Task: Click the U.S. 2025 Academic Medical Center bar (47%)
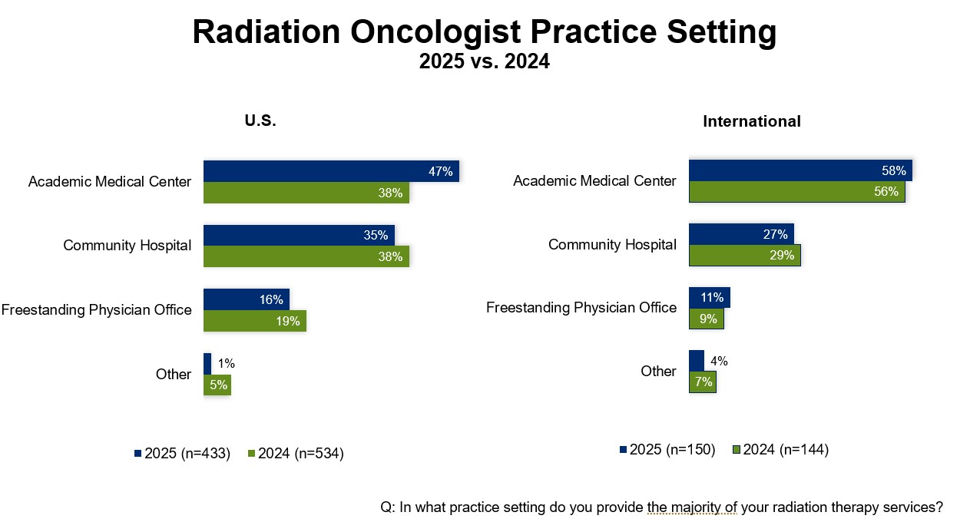pos(330,171)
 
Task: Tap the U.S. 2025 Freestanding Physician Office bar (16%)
pos(246,299)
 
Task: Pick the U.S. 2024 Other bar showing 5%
pos(217,385)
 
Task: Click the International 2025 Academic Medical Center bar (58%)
pos(800,170)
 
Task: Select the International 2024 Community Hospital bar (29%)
pos(744,255)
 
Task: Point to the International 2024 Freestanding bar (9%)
pos(706,318)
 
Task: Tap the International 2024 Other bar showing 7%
pos(702,382)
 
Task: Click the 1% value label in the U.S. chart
pos(227,363)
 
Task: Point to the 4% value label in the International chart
pos(719,361)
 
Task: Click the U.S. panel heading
pos(260,121)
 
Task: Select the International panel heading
pos(752,121)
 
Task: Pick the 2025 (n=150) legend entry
pos(667,450)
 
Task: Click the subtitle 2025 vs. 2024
pos(484,62)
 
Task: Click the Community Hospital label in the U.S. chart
pos(127,246)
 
